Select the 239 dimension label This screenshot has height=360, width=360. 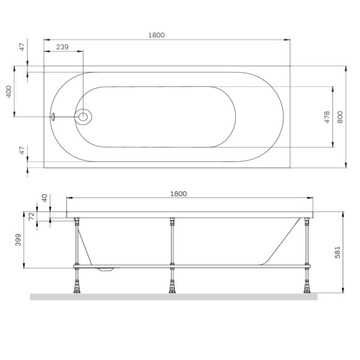61,47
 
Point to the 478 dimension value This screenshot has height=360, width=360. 327,117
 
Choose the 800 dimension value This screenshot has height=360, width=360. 340,117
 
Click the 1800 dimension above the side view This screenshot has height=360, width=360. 179,193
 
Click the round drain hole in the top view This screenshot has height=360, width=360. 83,116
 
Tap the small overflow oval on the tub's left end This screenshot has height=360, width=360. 53,116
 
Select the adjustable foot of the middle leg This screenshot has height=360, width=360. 172,285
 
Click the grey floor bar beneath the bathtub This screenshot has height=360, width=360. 174,296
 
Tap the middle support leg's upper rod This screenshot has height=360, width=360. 172,240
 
